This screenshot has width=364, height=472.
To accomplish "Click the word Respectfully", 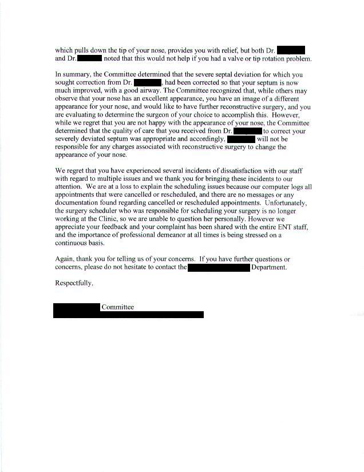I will click(x=74, y=283).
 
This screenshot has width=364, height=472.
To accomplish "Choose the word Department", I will click(x=268, y=267).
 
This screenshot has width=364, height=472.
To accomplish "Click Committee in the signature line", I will click(x=118, y=307).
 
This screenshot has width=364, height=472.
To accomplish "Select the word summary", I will click(x=77, y=74).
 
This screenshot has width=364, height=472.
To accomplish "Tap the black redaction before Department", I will click(x=219, y=267).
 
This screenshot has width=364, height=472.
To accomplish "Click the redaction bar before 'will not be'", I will click(x=240, y=138).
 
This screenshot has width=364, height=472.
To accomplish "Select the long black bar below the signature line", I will click(x=129, y=315).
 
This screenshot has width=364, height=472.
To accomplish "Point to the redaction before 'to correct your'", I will click(x=247, y=130).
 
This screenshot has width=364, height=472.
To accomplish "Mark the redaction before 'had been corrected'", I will click(x=147, y=82).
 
